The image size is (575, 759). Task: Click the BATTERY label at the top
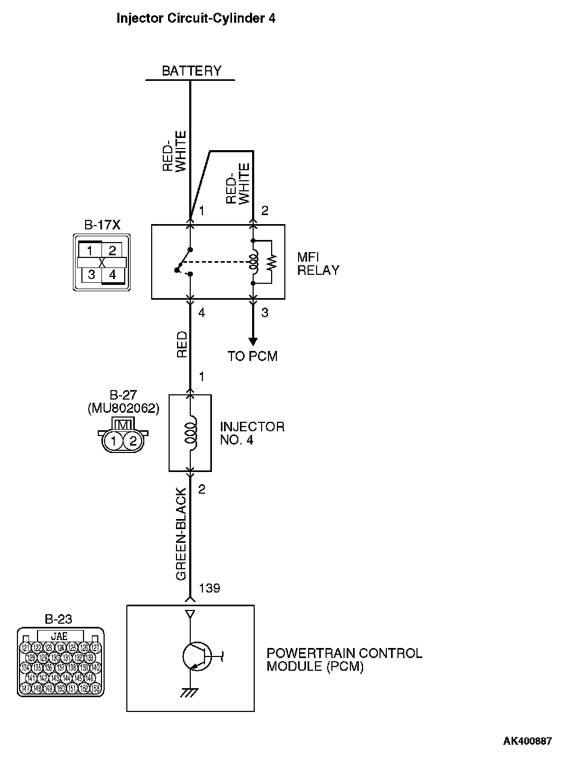(191, 71)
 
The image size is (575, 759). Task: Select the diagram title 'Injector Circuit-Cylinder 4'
(196, 18)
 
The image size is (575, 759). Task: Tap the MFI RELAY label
(318, 263)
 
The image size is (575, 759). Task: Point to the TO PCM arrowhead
(253, 341)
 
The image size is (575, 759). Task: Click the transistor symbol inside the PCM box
(196, 656)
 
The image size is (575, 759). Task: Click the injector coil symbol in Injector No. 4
(190, 432)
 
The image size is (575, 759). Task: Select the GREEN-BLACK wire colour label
(181, 534)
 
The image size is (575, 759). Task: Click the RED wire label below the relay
(182, 344)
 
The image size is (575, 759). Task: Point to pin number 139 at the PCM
(209, 588)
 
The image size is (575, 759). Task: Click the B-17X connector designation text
(103, 225)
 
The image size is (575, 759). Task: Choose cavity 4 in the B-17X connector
(113, 275)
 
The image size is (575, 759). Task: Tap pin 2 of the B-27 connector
(133, 441)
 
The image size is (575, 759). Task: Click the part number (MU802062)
(123, 408)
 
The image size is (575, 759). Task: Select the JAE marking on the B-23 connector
(59, 636)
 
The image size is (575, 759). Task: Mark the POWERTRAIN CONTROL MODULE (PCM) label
(344, 660)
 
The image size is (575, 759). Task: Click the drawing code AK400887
(527, 741)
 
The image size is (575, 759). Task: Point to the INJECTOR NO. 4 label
(252, 433)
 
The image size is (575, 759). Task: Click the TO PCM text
(253, 356)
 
